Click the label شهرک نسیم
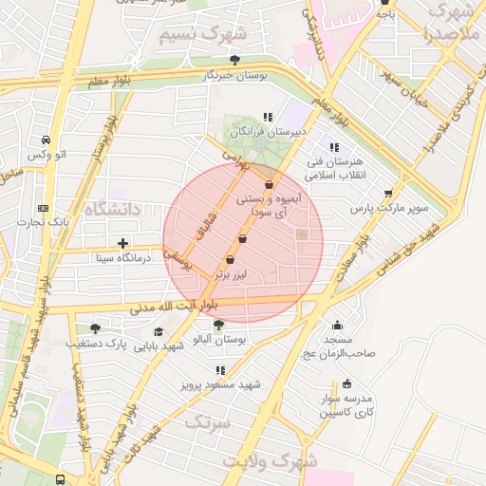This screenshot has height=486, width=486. click(x=201, y=35)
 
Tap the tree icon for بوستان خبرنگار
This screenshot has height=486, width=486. click(x=234, y=61)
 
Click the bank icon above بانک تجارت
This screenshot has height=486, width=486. click(x=43, y=208)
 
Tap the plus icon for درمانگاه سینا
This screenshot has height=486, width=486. click(x=122, y=243)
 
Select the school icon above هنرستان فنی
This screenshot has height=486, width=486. click(x=334, y=147)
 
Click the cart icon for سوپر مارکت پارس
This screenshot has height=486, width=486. click(x=389, y=194)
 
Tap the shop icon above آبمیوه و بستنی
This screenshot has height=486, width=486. click(x=269, y=185)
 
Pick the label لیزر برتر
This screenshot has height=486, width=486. click(x=231, y=274)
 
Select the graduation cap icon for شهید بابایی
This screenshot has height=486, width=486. click(x=159, y=332)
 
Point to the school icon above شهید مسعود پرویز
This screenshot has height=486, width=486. click(x=221, y=370)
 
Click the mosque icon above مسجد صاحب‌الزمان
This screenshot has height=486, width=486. click(x=337, y=326)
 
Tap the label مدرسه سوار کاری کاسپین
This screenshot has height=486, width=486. click(x=346, y=405)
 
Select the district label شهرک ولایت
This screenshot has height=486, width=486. click(x=268, y=460)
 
